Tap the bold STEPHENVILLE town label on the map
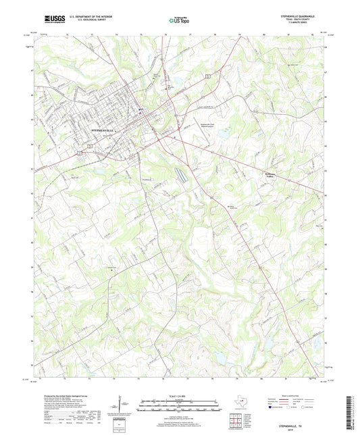coord(103,128)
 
